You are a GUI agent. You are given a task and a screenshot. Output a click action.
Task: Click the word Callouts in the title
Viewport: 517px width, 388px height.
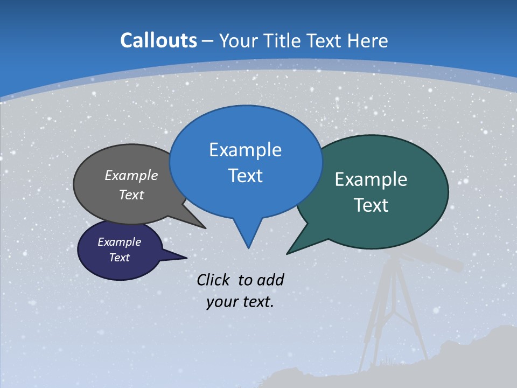(158, 40)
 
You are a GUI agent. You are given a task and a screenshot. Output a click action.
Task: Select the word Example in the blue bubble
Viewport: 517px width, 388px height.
(245, 150)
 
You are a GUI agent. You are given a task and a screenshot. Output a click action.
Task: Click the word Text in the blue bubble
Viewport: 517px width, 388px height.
(245, 176)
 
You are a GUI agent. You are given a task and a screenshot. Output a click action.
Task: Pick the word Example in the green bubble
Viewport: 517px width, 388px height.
(371, 179)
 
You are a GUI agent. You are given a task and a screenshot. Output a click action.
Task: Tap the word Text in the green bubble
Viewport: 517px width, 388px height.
(371, 205)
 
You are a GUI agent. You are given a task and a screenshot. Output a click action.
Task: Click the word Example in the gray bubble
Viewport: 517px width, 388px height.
(131, 175)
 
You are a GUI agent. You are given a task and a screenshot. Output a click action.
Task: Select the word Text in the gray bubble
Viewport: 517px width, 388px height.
(131, 195)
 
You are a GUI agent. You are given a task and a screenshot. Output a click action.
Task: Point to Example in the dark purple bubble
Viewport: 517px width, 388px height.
(119, 242)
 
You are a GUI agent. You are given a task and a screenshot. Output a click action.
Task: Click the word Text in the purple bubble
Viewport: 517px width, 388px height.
(119, 258)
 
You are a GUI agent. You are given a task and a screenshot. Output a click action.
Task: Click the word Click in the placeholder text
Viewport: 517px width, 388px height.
(215, 280)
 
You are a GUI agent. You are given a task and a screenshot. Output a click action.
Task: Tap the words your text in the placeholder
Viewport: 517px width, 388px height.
(240, 302)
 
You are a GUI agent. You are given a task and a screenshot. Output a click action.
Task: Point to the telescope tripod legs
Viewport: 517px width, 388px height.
(393, 313)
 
